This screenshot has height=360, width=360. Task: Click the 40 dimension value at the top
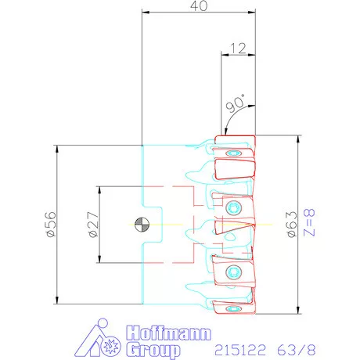pos(199,5)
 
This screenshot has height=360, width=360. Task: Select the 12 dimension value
pos(238,49)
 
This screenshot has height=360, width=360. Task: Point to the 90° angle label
pos(235,103)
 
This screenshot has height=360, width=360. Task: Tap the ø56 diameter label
pos(51,224)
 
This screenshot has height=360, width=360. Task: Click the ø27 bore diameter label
pos(94,225)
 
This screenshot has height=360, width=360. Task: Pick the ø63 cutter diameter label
pos(292,225)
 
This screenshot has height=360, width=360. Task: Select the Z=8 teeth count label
pos(310,222)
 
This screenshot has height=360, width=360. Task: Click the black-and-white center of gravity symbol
pos(142,225)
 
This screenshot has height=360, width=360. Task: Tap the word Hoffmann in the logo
pos(168,333)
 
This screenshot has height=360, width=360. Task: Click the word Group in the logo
pos(153,350)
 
